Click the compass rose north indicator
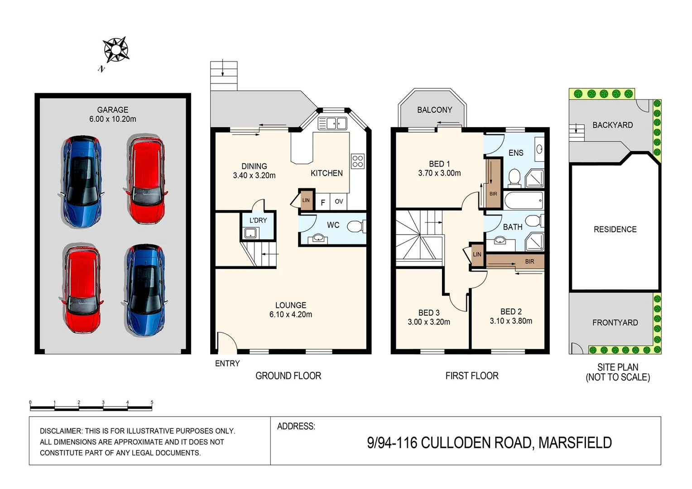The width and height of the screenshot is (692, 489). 116,50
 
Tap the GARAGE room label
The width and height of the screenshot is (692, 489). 112,110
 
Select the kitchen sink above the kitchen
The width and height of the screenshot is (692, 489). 332,123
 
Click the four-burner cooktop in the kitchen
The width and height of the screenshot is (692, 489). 357,161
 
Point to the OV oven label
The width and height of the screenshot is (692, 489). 339,201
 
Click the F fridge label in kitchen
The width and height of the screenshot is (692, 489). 322,202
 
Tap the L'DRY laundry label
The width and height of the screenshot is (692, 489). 258,220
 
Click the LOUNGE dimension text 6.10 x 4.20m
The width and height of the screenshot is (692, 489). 290,314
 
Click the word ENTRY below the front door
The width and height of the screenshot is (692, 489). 227,363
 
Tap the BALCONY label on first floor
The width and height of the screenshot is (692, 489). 434,110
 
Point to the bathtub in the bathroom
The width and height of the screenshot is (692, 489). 524,200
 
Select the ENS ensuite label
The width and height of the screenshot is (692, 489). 516,153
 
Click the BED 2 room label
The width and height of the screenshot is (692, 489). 511,312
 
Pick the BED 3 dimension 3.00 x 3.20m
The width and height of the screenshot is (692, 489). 428,322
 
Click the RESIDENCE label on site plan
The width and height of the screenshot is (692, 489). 615,229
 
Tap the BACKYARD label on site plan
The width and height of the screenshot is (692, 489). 612,125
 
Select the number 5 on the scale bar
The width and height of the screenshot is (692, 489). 152,402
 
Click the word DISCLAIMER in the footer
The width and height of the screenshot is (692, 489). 61,431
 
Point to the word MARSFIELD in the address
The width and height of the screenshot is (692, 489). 575,442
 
